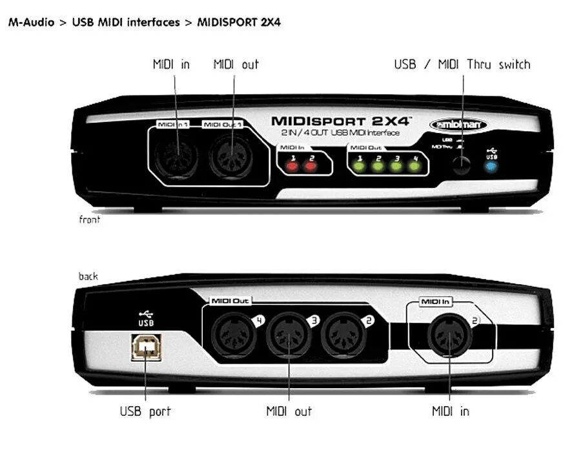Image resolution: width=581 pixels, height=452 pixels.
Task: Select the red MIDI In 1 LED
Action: click(292, 166)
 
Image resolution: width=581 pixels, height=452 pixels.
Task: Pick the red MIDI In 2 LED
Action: click(311, 166)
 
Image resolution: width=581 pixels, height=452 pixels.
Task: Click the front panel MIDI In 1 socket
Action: click(176, 158)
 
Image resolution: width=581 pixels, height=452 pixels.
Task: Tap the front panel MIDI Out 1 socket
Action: click(231, 158)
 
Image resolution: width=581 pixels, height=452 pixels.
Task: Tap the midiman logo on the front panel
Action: click(458, 124)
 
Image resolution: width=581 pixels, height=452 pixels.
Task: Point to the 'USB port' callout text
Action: click(145, 411)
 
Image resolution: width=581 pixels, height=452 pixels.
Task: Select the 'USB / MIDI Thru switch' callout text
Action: click(462, 65)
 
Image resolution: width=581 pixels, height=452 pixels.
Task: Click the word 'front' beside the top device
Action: click(90, 220)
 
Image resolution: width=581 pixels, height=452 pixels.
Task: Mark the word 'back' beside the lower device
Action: click(88, 276)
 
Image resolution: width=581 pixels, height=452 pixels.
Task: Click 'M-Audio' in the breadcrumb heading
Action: click(30, 23)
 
